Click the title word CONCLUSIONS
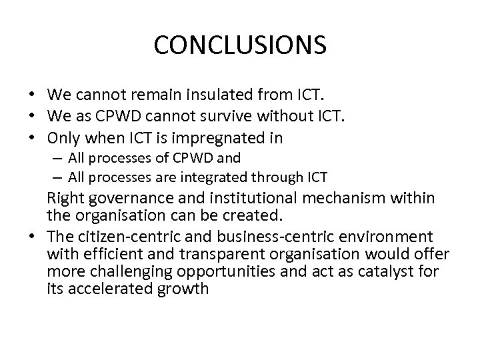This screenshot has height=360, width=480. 240,45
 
